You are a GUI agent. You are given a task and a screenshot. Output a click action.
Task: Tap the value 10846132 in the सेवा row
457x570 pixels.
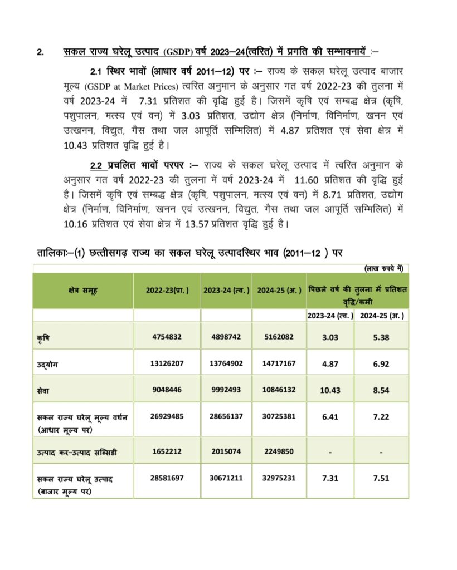point(279,390)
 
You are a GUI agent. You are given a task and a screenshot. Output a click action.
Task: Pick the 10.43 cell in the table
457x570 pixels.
point(330,390)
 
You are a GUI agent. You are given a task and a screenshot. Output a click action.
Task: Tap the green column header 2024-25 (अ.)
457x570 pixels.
point(279,291)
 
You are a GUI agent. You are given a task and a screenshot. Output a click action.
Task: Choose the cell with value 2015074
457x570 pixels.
point(226,451)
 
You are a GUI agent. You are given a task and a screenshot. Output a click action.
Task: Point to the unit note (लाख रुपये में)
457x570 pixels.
point(384,268)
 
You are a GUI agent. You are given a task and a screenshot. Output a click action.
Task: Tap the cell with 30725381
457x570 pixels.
point(279,417)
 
